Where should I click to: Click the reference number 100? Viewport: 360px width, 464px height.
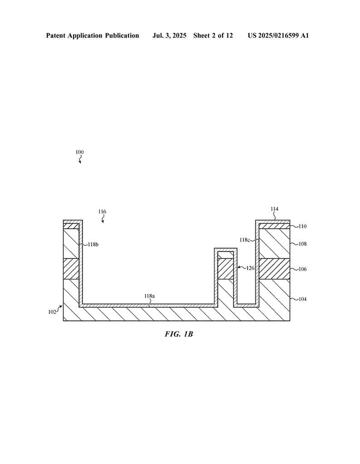(x=80, y=152)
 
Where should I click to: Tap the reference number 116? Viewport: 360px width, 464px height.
(x=102, y=212)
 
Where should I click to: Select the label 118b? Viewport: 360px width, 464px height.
(x=93, y=244)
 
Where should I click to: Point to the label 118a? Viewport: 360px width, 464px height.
(x=150, y=296)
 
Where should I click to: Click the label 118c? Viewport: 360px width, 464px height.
(x=244, y=240)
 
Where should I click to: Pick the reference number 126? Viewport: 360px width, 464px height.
(x=250, y=268)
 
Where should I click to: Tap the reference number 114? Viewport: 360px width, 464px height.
(x=274, y=209)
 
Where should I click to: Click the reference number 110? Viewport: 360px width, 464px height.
(x=302, y=227)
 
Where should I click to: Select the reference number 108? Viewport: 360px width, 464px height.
(x=302, y=244)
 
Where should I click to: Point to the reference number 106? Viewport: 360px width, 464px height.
(x=302, y=269)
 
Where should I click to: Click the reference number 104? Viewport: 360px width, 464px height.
(x=302, y=299)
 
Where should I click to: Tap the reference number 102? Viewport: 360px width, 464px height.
(x=52, y=312)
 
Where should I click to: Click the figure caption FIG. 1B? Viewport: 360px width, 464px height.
(x=179, y=334)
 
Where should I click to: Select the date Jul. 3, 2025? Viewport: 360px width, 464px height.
(x=169, y=36)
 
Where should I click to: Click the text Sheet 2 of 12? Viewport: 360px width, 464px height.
(x=213, y=36)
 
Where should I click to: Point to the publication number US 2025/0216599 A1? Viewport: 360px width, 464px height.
(x=278, y=36)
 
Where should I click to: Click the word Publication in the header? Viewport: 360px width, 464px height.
(x=122, y=36)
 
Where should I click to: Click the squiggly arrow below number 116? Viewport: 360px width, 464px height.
(x=102, y=219)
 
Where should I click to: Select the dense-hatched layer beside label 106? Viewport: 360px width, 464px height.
(x=274, y=269)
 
